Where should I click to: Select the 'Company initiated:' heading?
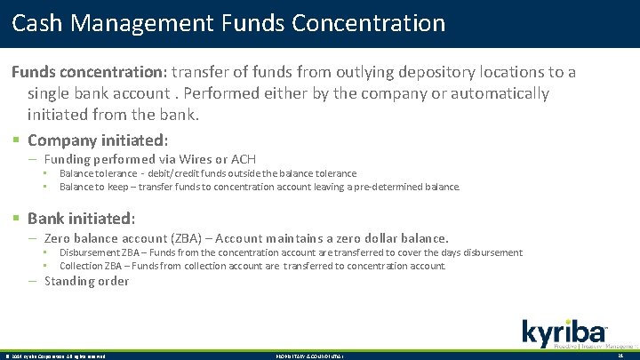click(98, 140)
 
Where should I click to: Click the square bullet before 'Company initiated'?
click(16, 140)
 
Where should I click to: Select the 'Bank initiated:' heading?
click(82, 218)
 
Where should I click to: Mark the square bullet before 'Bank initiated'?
click(16, 219)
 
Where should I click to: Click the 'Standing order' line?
click(86, 281)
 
